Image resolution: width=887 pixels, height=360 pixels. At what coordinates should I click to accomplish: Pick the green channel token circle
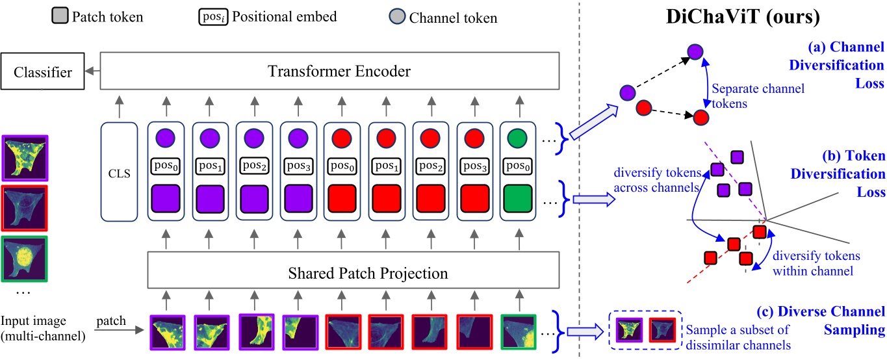(x=518, y=138)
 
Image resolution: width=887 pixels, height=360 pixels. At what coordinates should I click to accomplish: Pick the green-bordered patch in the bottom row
(x=519, y=332)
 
